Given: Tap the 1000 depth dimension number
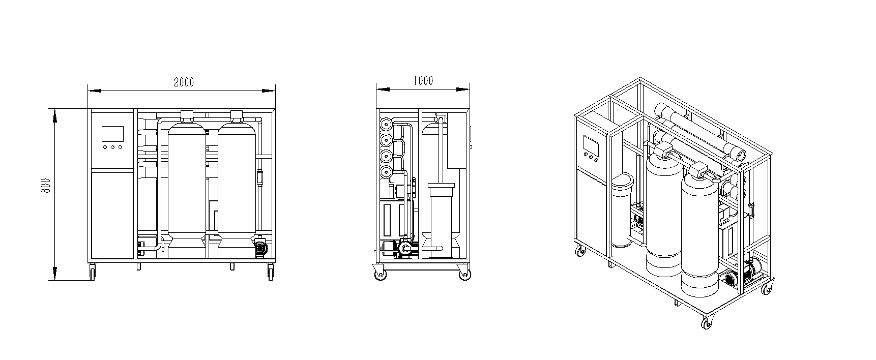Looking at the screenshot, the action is pyautogui.click(x=423, y=81).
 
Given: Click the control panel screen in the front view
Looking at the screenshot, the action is pyautogui.click(x=112, y=134).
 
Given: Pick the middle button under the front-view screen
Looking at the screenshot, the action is pyautogui.click(x=112, y=147).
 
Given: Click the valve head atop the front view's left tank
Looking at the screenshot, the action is pyautogui.click(x=187, y=115).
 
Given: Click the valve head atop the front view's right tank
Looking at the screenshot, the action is pyautogui.click(x=236, y=115).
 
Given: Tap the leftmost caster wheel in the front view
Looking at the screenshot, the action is pyautogui.click(x=92, y=272).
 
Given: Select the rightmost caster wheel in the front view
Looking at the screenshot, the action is pyautogui.click(x=270, y=272).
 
